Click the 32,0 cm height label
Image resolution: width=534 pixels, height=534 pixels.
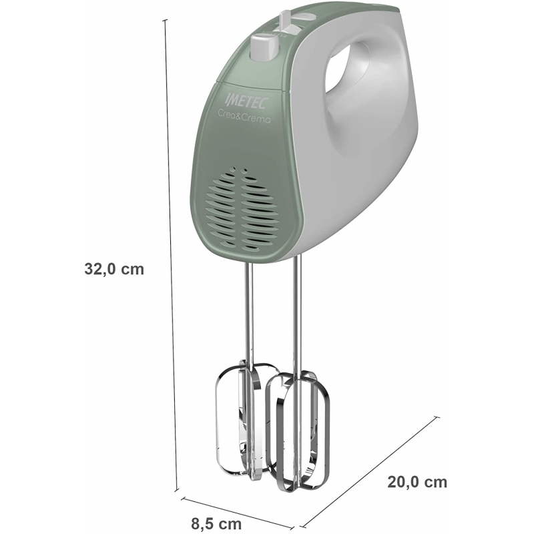(114, 269)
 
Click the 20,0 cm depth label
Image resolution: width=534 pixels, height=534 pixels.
(417, 482)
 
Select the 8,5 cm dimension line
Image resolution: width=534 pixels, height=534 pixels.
(240, 511)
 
